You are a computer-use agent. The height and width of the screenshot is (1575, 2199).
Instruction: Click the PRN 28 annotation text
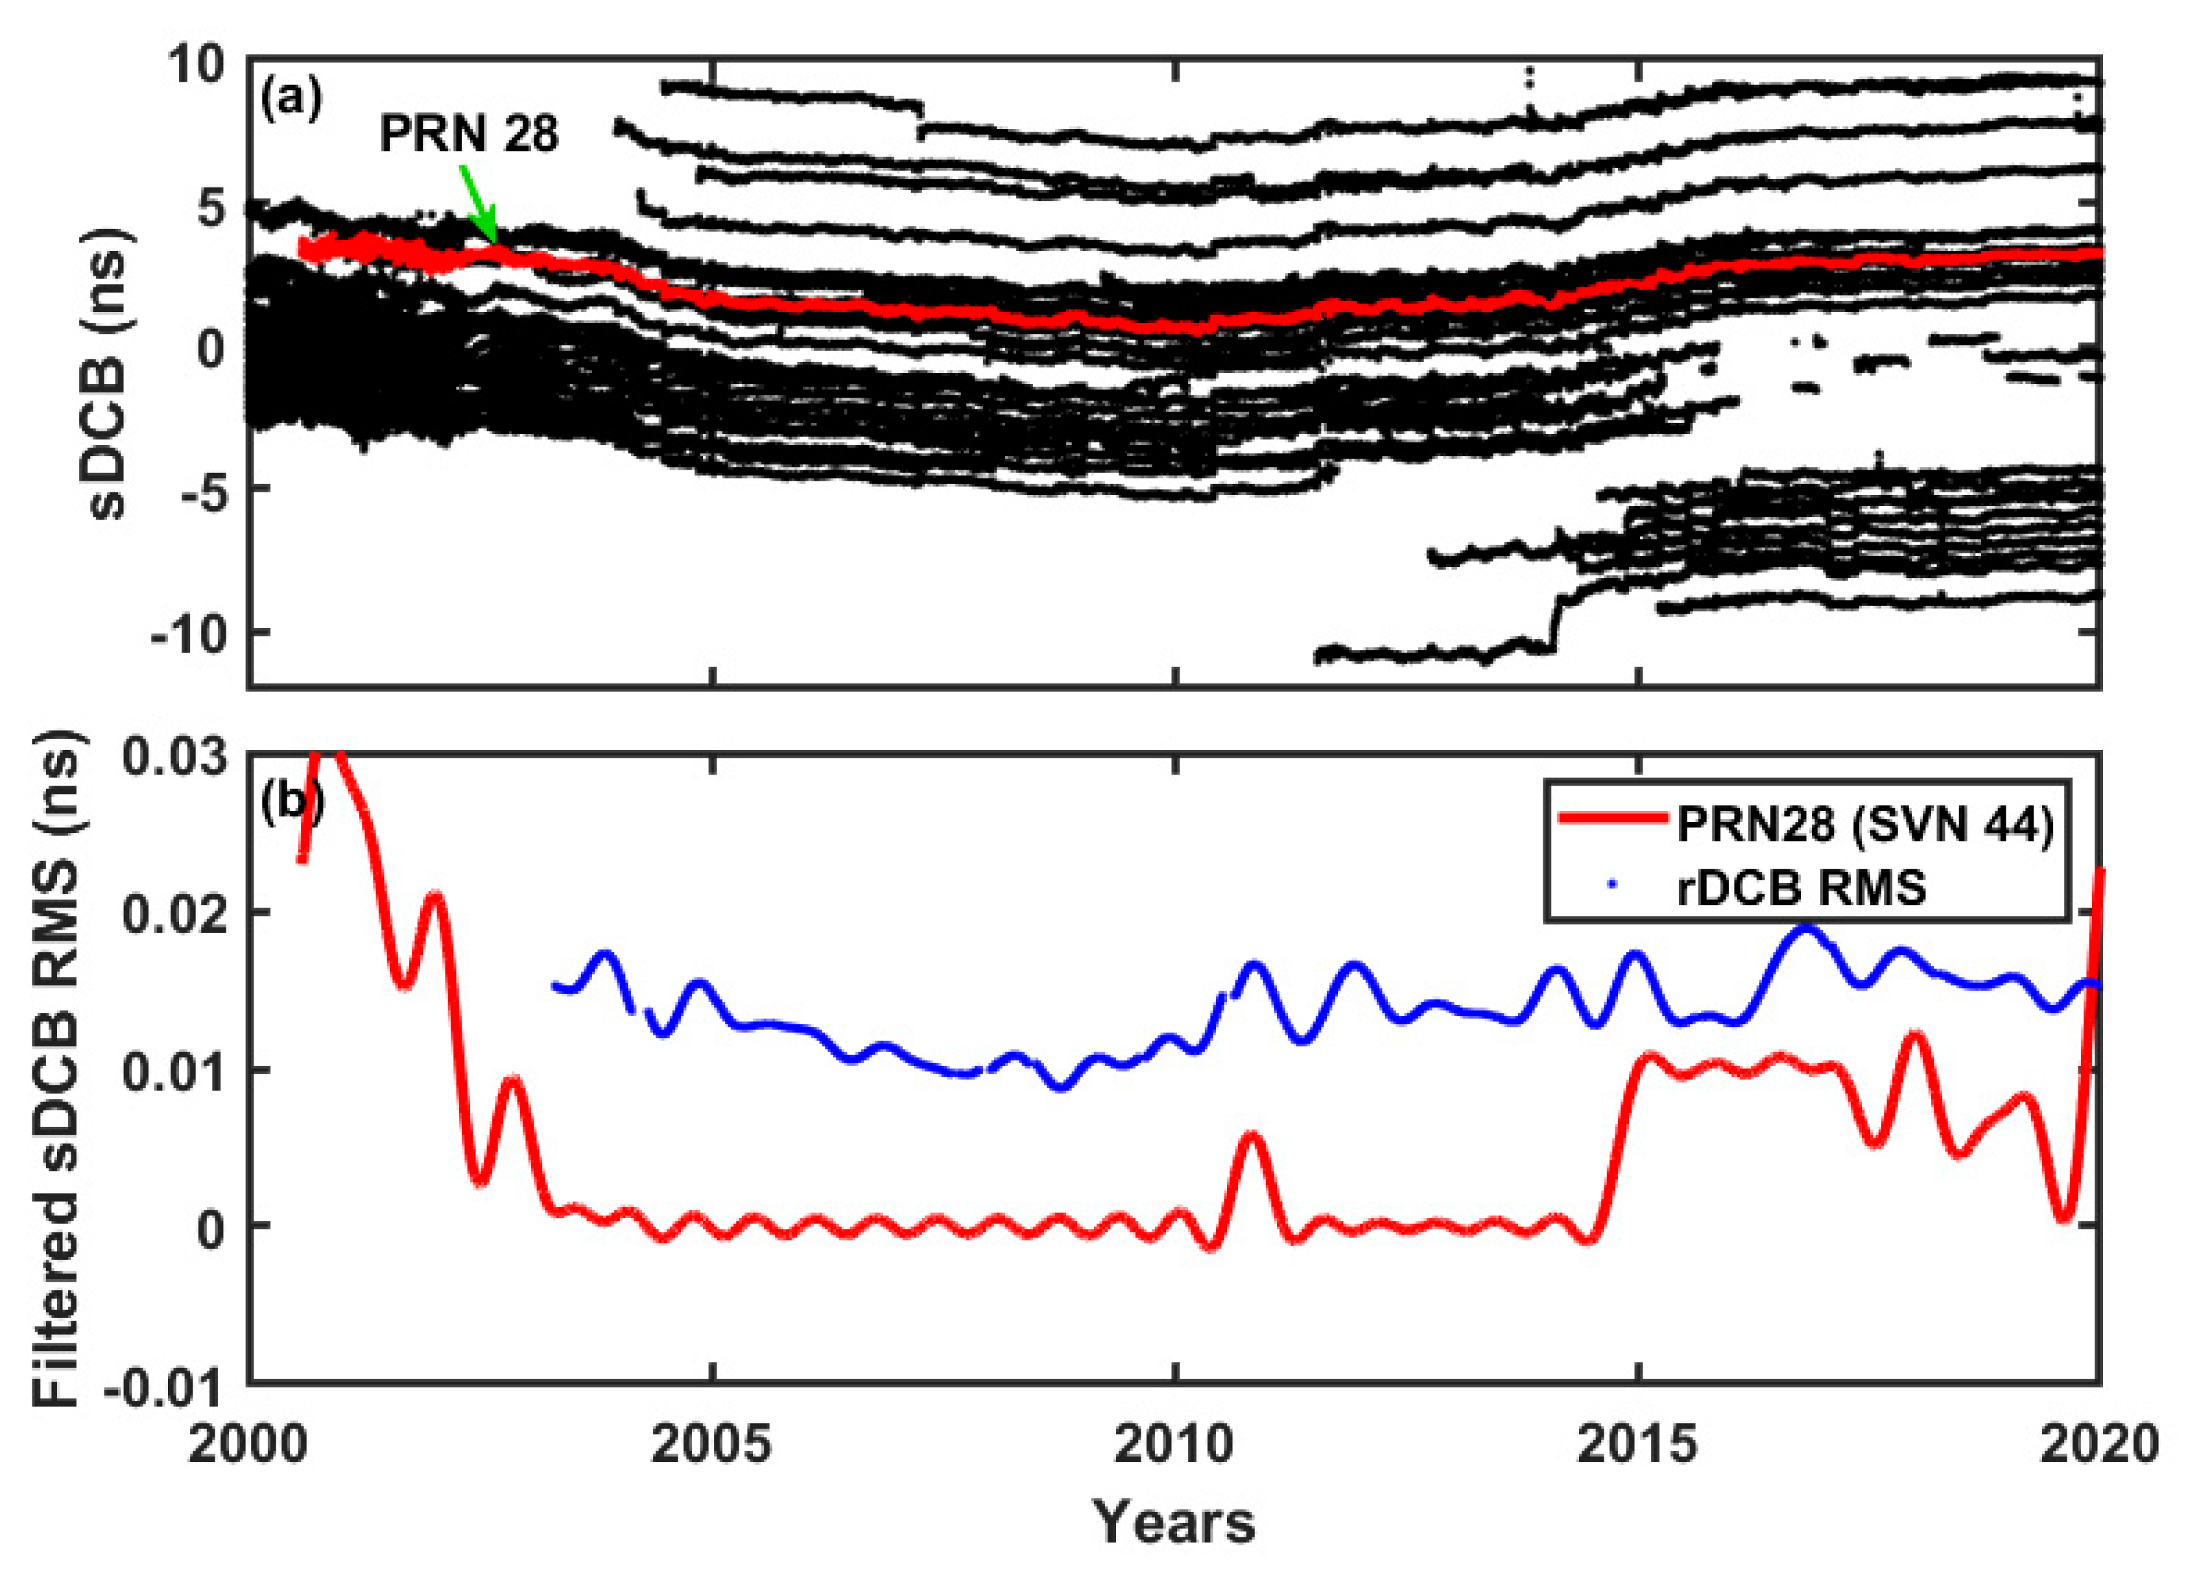pos(468,133)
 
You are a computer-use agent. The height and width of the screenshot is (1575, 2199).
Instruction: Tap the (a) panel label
pos(291,99)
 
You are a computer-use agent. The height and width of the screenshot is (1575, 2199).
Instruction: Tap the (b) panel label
pos(291,802)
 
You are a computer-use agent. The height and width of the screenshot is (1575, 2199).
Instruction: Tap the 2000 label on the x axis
pos(249,1444)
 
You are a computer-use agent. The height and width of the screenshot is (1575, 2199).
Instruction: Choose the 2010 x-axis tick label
pos(1175,1444)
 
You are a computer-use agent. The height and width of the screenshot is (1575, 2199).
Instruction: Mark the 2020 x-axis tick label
pos(2100,1444)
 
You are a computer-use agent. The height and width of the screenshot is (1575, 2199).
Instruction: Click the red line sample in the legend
pos(1610,821)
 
